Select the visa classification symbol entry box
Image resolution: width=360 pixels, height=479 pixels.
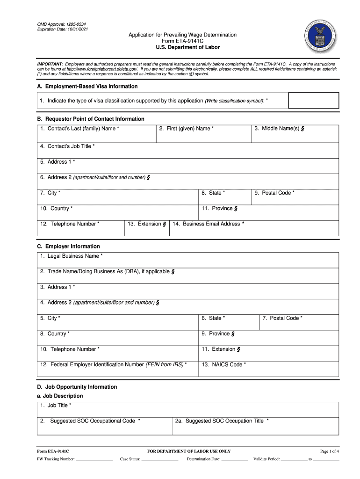click(x=313, y=101)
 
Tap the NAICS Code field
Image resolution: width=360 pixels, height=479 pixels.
click(x=268, y=369)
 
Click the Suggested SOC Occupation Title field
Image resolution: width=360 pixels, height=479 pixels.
click(x=256, y=426)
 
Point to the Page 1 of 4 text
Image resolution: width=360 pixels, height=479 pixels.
click(x=329, y=451)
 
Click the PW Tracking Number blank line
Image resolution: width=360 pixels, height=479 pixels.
click(x=94, y=459)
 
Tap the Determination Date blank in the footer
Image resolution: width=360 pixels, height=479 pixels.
click(x=235, y=459)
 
